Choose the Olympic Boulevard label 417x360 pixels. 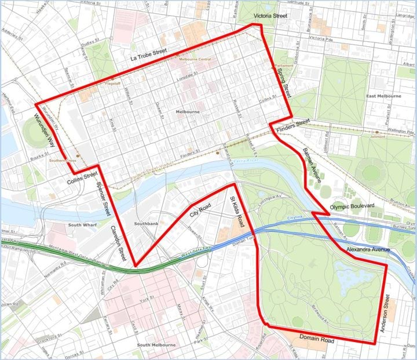coord(352,206)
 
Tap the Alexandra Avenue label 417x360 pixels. coord(368,249)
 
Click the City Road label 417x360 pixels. coord(200,212)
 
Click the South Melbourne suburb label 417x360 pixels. coord(156,345)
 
